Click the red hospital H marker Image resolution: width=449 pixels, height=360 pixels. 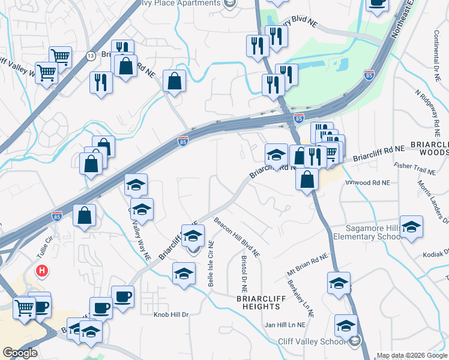pos(41,271)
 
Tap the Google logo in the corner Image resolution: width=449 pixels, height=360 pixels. pos(20,353)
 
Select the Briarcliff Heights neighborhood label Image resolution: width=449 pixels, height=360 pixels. pos(258,302)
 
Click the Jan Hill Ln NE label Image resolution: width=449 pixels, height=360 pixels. pos(285,325)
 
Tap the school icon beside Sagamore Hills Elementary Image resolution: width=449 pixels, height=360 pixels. pos(412,226)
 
